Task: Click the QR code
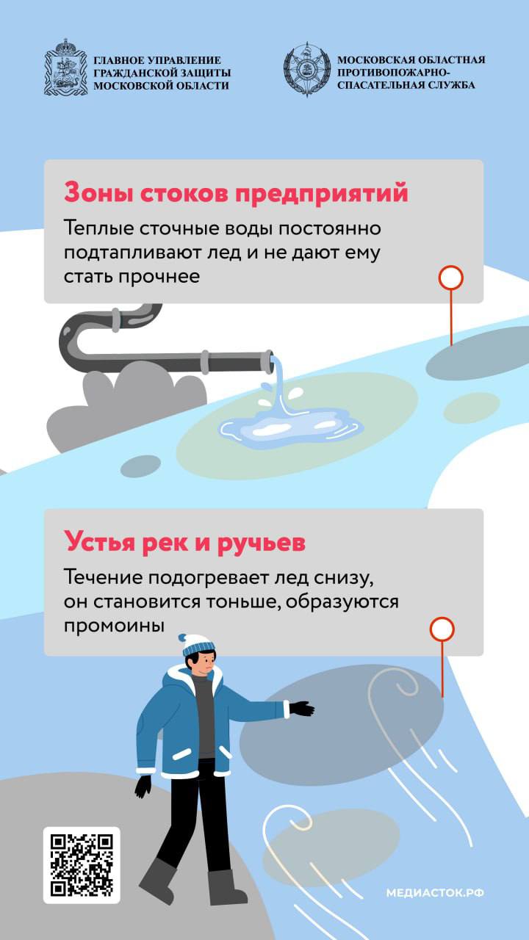82,865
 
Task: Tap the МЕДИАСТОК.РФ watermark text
435,892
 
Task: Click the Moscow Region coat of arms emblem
66,67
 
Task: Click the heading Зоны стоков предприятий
236,192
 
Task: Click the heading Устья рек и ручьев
184,542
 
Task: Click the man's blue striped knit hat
198,645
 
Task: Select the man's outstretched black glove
301,709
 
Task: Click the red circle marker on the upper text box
451,278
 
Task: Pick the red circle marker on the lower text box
442,629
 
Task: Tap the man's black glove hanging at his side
143,786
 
